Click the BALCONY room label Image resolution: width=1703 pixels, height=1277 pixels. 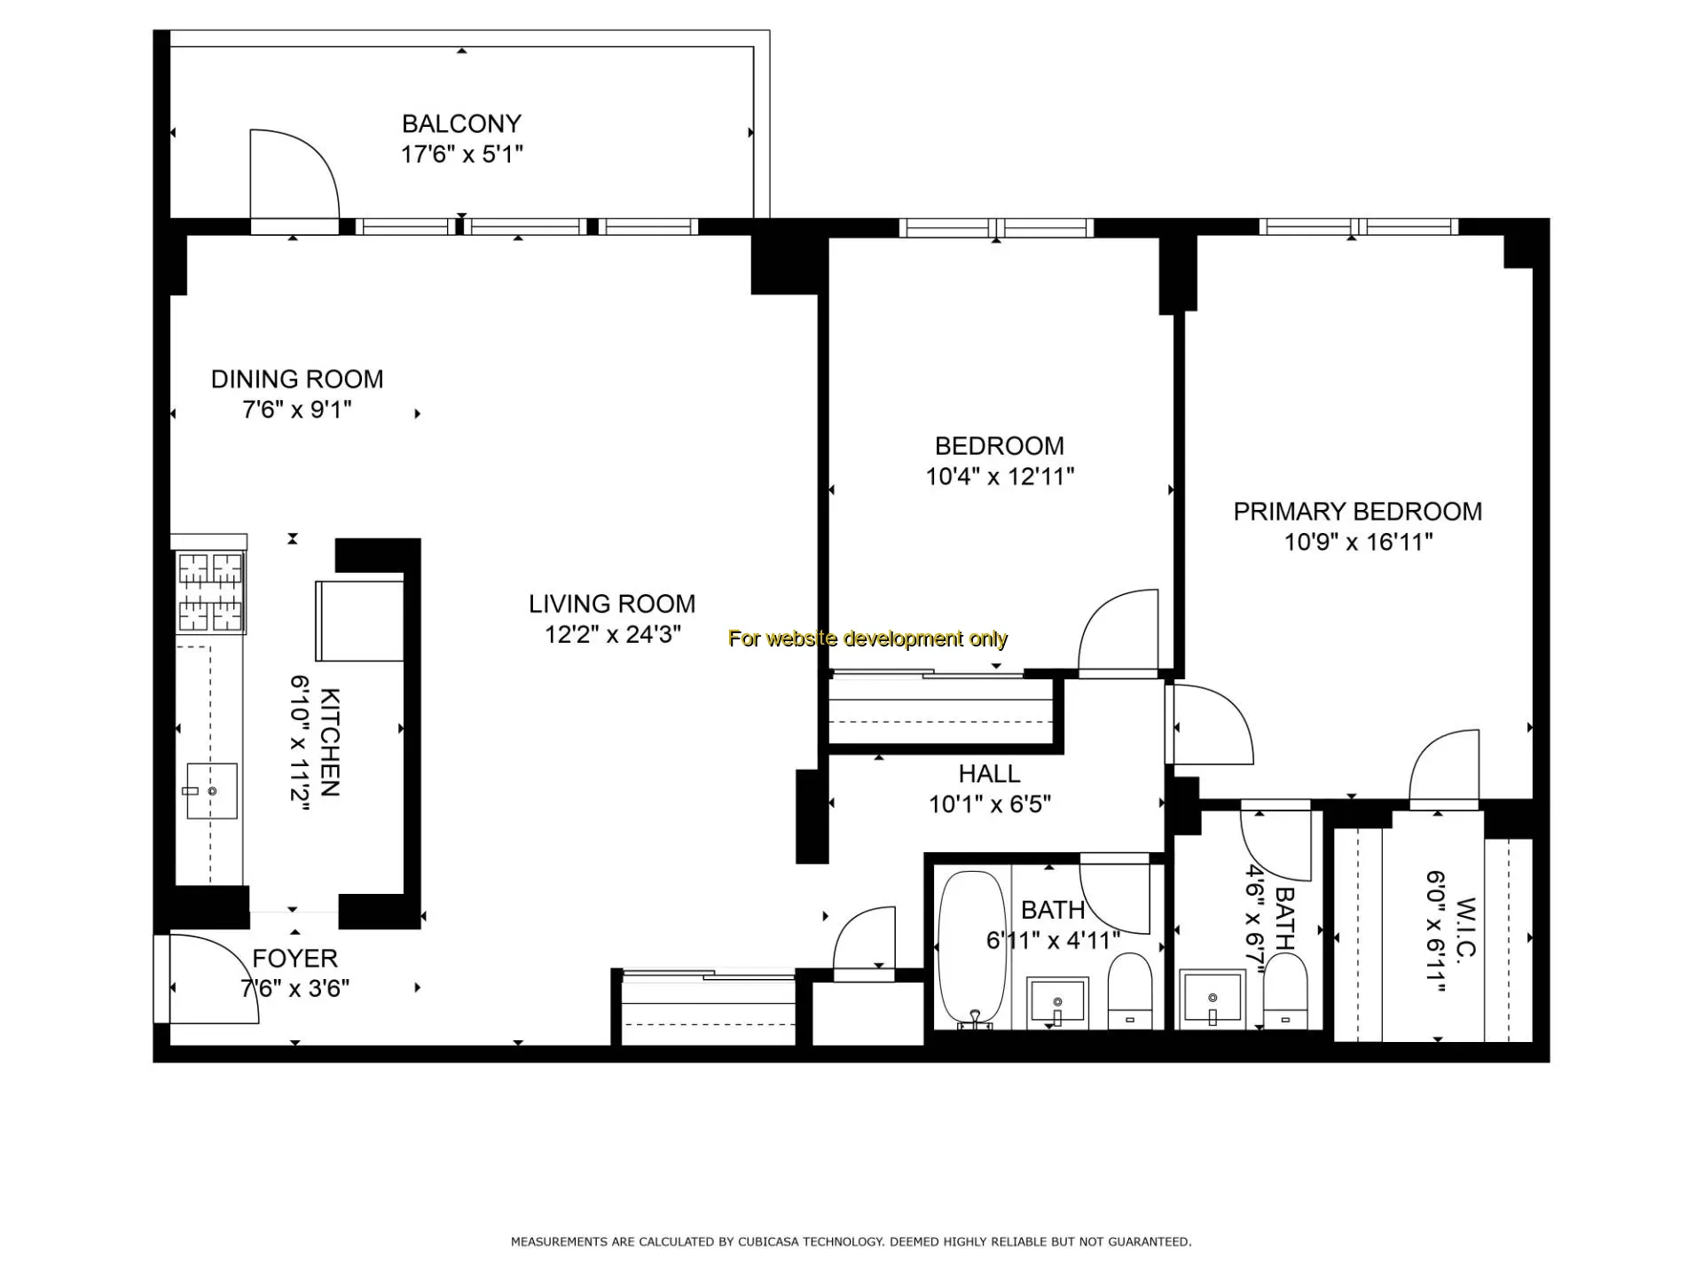pyautogui.click(x=461, y=123)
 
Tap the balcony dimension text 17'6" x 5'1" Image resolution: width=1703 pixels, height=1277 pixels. pyautogui.click(x=461, y=154)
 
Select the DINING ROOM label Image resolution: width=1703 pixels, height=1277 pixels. pyautogui.click(x=297, y=380)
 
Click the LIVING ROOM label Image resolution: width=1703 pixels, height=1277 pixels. pyautogui.click(x=612, y=604)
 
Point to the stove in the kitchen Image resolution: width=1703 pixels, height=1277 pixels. pyautogui.click(x=210, y=591)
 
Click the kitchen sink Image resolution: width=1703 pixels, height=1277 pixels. pyautogui.click(x=211, y=791)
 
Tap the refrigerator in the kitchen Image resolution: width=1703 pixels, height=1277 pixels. pyautogui.click(x=359, y=621)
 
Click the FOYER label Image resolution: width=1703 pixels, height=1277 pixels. pyautogui.click(x=294, y=959)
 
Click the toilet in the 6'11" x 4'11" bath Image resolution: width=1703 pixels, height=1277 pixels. pyautogui.click(x=1129, y=991)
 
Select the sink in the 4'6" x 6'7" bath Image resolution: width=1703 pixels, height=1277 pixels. pyautogui.click(x=1212, y=999)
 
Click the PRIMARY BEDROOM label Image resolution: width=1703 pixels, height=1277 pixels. pyautogui.click(x=1358, y=512)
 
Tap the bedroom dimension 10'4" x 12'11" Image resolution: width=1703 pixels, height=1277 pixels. pyautogui.click(x=1000, y=477)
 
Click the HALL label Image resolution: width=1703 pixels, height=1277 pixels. pyautogui.click(x=989, y=774)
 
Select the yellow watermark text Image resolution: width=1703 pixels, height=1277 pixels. pyautogui.click(x=867, y=638)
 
